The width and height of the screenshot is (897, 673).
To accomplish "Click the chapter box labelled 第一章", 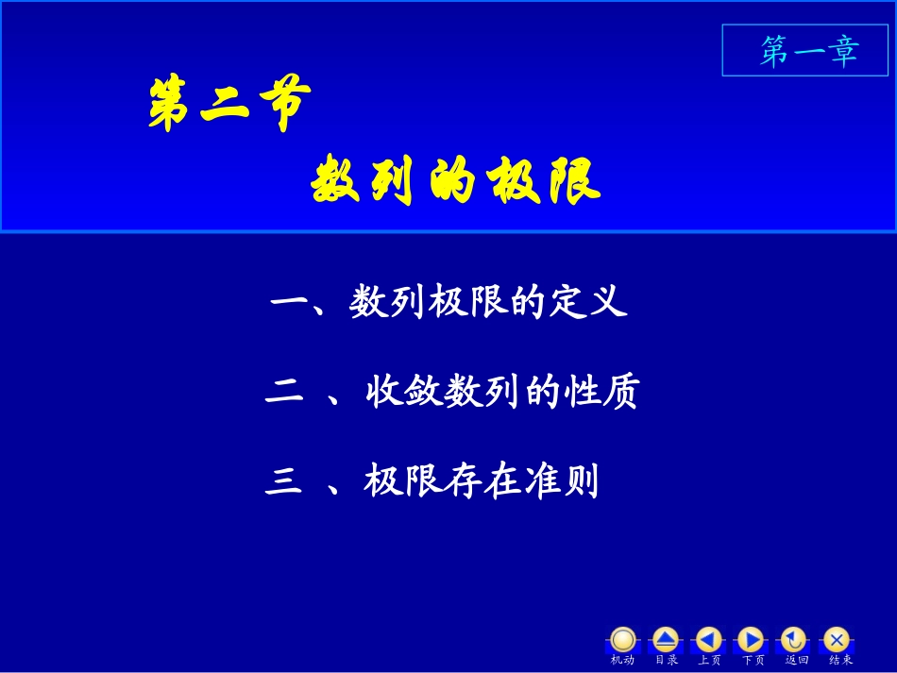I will click(x=809, y=51).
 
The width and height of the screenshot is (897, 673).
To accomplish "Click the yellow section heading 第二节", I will click(x=228, y=105).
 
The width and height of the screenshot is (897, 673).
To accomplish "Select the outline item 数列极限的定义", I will click(x=488, y=303).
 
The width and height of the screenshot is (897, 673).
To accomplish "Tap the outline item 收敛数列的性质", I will click(x=501, y=392).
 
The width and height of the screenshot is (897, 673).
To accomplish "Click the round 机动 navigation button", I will click(x=623, y=639).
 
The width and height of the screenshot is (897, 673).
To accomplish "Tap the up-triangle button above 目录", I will click(x=666, y=639).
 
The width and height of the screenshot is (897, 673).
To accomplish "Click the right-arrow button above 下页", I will click(x=751, y=639).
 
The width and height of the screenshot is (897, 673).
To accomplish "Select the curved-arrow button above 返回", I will click(x=794, y=639).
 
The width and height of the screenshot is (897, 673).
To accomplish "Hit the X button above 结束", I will click(x=837, y=639).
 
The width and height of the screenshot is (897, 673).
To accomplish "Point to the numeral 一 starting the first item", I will click(x=287, y=303).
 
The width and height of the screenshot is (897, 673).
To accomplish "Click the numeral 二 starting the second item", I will click(x=284, y=392).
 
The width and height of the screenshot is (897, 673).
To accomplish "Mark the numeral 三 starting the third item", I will click(x=284, y=482).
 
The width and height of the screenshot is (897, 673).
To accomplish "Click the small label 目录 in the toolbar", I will click(x=666, y=660).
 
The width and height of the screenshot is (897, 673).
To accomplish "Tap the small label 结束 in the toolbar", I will click(x=840, y=660).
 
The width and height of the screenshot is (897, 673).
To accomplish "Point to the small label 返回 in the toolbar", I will click(x=797, y=660).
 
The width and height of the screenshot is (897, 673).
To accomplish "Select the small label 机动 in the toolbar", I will click(x=622, y=660).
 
